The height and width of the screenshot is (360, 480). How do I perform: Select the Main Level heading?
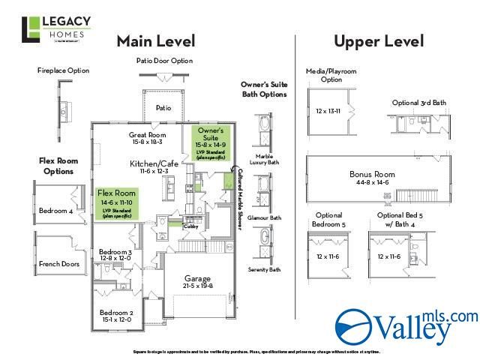(155, 40)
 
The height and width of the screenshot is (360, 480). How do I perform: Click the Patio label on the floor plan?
(163, 108)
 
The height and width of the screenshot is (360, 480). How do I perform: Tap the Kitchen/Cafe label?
(154, 163)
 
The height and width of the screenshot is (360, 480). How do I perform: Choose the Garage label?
(198, 281)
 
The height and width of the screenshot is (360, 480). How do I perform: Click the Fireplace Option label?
(62, 70)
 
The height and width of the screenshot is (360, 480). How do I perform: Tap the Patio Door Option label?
(163, 61)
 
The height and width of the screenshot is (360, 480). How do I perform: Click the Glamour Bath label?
(265, 218)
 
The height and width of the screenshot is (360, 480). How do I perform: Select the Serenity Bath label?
(265, 269)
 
